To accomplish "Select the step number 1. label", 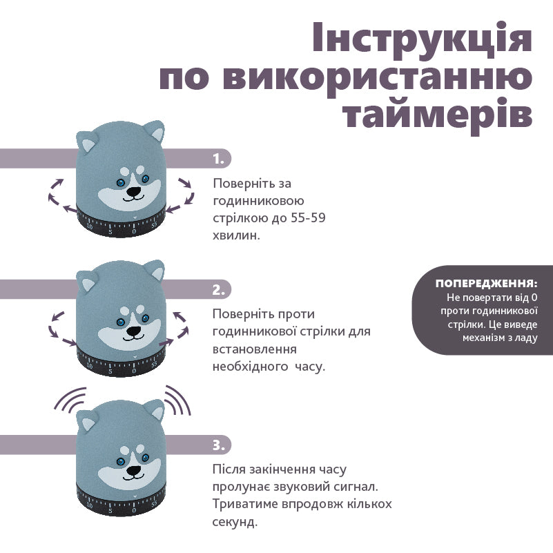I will (218, 159).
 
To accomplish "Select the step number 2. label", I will (219, 289).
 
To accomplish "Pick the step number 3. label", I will (219, 445).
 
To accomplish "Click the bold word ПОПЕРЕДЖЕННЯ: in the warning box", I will (486, 284).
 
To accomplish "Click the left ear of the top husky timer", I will (88, 144).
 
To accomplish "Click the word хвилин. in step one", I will (237, 235).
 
